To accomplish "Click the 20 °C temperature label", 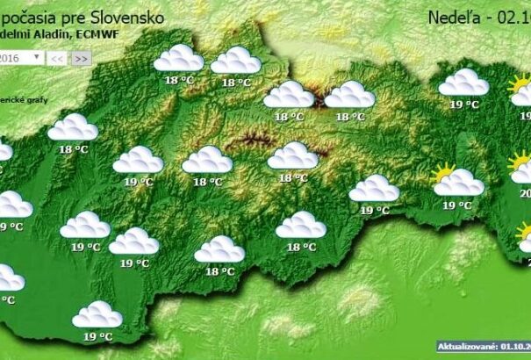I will [523, 194].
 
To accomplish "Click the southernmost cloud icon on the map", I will [97, 314].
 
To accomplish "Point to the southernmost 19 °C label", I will [97, 336].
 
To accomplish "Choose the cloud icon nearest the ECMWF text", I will [178, 59].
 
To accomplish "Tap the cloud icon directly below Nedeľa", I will [463, 83].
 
